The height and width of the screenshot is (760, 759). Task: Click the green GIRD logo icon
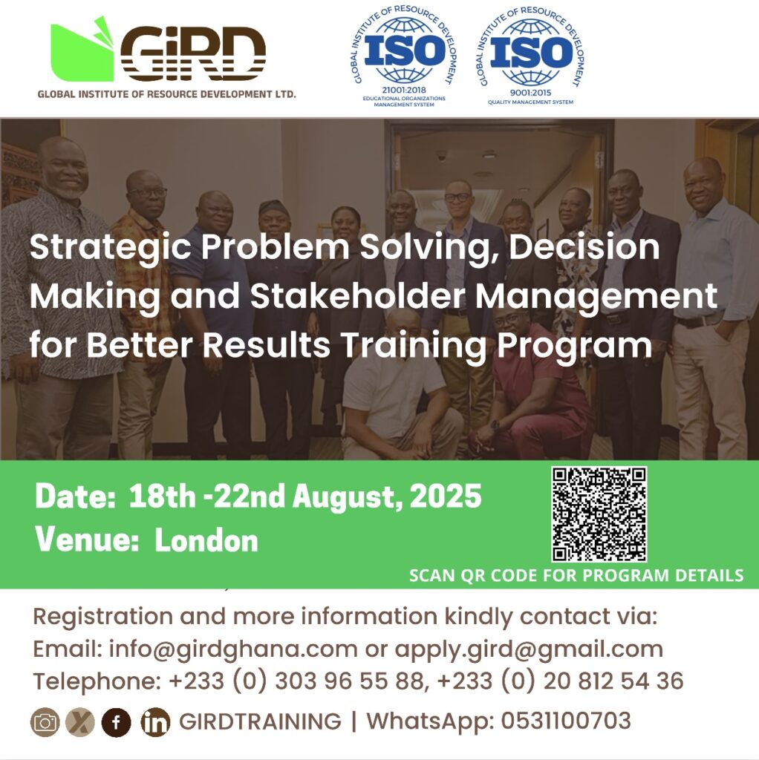pyautogui.click(x=82, y=50)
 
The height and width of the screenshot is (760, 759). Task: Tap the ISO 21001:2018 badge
pyautogui.click(x=404, y=56)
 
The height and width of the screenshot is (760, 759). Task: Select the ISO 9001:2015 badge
pyautogui.click(x=531, y=56)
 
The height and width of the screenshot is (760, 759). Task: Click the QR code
pyautogui.click(x=599, y=514)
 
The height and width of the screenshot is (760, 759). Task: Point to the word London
pyautogui.click(x=206, y=540)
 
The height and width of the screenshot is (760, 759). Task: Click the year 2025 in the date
pyautogui.click(x=446, y=497)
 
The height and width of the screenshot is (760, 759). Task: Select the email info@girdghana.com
pyautogui.click(x=232, y=649)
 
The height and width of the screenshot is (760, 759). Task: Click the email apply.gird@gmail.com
pyautogui.click(x=529, y=649)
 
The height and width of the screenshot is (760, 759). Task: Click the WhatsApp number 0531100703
pyautogui.click(x=566, y=720)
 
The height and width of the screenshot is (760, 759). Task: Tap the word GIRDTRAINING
pyautogui.click(x=260, y=721)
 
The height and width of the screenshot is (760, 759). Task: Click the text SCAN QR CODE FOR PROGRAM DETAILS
pyautogui.click(x=576, y=575)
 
